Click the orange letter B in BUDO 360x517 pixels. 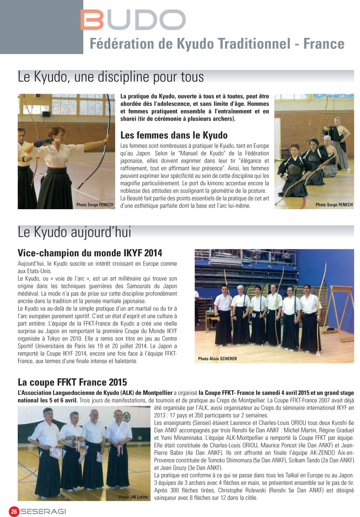pyautogui.click(x=92, y=20)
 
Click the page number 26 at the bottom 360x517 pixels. pyautogui.click(x=14, y=511)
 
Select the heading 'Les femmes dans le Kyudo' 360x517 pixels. pyautogui.click(x=174, y=135)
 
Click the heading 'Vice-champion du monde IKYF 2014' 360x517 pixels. pyautogui.click(x=90, y=253)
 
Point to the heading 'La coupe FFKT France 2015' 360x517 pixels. pyautogui.click(x=72, y=382)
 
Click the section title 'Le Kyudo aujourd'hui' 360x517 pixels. pyautogui.click(x=74, y=232)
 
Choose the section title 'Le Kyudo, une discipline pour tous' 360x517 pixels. pyautogui.click(x=111, y=77)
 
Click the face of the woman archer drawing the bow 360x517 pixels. pyautogui.click(x=54, y=132)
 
